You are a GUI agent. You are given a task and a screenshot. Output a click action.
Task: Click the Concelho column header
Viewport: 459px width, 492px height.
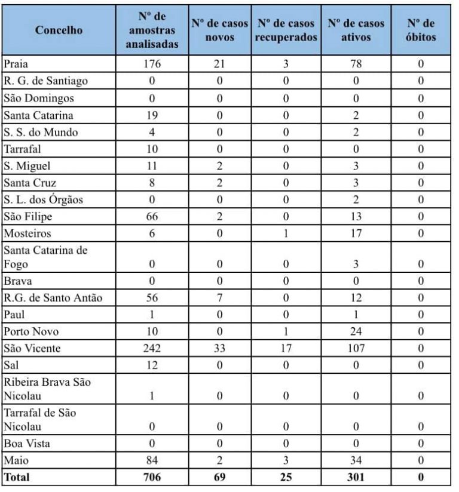pos(59,30)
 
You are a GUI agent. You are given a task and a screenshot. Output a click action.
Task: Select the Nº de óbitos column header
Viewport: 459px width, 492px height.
pos(421,30)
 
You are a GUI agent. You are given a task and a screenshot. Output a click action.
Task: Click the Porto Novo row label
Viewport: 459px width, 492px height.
pos(29,331)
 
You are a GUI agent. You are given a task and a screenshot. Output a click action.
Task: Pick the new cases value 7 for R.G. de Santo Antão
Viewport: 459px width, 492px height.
pos(220,298)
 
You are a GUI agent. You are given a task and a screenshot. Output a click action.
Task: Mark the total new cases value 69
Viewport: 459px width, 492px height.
pos(220,477)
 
